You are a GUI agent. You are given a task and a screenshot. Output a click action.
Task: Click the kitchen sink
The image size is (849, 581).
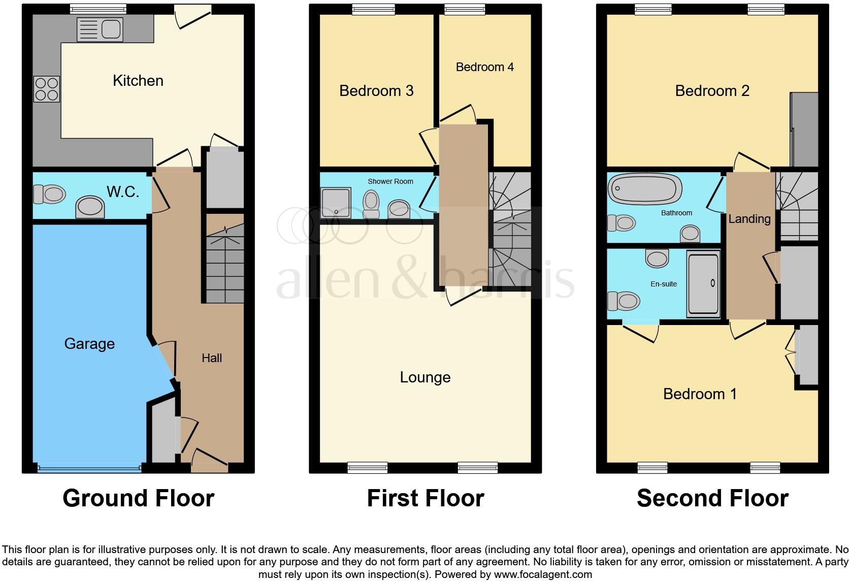[x=100, y=29]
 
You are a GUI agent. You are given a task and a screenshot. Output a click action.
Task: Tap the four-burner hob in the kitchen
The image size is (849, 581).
[x=47, y=89]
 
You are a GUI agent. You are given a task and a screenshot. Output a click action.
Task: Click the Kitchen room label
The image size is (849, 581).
[x=138, y=81]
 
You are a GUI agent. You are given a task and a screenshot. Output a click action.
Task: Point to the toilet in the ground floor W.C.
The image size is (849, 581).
[x=50, y=193]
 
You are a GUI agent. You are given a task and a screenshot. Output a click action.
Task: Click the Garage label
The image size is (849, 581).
[x=89, y=344]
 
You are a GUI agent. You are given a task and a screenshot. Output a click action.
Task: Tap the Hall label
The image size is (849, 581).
[x=212, y=358]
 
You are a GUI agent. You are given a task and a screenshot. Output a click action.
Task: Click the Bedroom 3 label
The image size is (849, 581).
[x=376, y=91]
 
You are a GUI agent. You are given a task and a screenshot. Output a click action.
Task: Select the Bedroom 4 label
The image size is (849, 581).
[x=484, y=67]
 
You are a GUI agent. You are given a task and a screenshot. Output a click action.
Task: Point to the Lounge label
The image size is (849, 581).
[x=425, y=377]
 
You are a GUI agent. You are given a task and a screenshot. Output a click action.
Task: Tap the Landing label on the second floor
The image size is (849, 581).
[x=749, y=219]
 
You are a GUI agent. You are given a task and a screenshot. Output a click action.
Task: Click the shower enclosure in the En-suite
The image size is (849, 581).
[x=703, y=283]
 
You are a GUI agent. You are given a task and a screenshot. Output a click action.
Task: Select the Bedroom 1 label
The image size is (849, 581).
[x=700, y=394]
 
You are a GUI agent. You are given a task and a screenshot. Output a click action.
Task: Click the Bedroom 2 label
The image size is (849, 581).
[x=712, y=91]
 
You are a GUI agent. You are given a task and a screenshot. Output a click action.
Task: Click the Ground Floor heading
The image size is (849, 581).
[x=138, y=498]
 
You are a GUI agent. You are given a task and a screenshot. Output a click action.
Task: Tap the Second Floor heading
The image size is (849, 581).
[x=712, y=498]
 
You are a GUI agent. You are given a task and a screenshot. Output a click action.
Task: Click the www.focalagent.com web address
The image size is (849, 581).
[x=543, y=574]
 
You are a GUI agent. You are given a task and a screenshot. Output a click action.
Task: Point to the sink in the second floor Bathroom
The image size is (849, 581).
[x=690, y=234]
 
